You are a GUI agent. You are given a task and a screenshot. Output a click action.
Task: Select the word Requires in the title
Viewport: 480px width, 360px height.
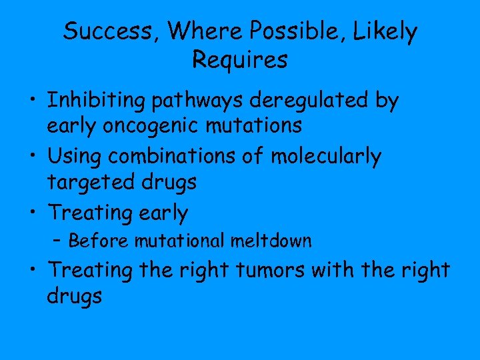(x=240, y=60)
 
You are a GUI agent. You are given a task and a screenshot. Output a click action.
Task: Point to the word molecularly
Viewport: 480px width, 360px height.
(x=326, y=157)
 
